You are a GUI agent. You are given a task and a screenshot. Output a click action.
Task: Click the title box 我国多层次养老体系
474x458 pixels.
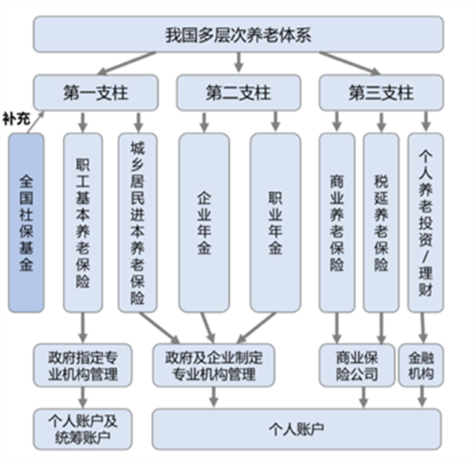(x=237, y=36)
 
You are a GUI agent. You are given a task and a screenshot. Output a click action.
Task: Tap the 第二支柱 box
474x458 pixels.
(x=237, y=92)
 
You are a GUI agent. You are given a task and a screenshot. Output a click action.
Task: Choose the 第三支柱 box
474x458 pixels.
(x=380, y=92)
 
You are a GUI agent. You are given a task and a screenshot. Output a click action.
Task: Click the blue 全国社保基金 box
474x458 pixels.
(x=27, y=222)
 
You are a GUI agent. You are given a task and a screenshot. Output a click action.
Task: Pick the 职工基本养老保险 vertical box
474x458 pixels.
(x=83, y=222)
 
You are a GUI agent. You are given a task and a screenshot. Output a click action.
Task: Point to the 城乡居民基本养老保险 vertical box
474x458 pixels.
(x=137, y=222)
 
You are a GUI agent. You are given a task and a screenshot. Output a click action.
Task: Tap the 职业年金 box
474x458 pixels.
(x=275, y=222)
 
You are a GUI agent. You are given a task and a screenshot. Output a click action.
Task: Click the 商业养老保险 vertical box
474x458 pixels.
(x=337, y=222)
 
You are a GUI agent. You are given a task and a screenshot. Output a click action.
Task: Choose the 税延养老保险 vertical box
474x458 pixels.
(x=382, y=222)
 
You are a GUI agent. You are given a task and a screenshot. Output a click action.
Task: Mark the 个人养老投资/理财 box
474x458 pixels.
(x=426, y=222)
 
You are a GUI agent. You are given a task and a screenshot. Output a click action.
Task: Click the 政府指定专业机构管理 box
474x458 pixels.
(x=82, y=362)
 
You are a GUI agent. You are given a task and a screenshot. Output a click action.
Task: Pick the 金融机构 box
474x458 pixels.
(x=417, y=362)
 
